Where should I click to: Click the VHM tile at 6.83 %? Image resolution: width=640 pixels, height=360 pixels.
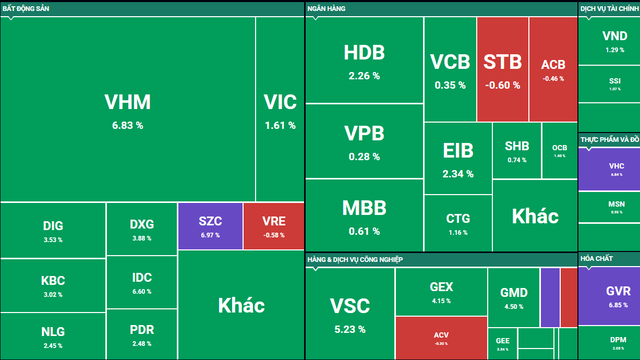tap(128, 110)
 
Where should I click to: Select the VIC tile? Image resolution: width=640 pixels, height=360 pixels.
tap(280, 110)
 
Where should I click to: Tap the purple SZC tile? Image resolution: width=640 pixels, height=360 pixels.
tap(210, 226)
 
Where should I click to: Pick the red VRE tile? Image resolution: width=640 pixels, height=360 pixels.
tap(274, 226)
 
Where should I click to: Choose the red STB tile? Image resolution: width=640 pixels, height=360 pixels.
tap(502, 69)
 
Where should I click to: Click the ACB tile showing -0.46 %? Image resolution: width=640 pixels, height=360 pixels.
tap(553, 69)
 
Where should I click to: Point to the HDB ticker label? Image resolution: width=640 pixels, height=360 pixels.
tap(364, 53)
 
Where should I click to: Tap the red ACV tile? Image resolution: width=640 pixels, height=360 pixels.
tap(441, 338)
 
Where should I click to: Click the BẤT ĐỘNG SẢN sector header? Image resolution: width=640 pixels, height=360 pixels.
tap(26, 8)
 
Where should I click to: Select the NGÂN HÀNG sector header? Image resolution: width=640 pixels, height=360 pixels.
tap(327, 8)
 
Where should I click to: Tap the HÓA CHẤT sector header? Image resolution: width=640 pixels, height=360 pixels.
tap(597, 258)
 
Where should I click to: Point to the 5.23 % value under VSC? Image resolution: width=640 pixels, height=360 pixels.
tap(349, 329)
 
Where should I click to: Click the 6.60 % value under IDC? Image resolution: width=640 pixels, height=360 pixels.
tap(142, 292)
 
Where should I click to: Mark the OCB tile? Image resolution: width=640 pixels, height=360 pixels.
tap(560, 151)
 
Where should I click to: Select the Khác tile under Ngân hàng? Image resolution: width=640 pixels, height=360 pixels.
tap(535, 216)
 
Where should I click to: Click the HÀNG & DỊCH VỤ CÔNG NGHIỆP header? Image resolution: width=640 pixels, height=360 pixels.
tap(355, 259)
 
